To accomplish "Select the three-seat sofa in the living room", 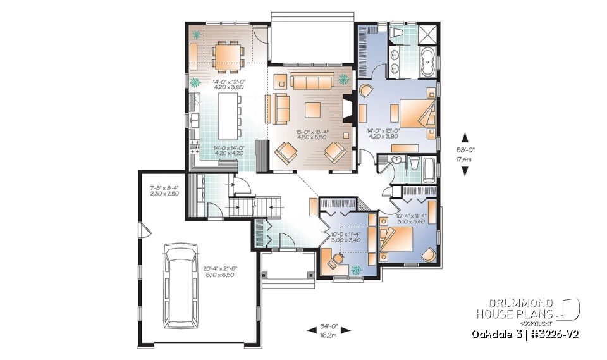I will (x=312, y=82).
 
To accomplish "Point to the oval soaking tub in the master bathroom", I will (x=427, y=65).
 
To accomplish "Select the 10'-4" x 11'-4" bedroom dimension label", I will (x=412, y=218).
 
